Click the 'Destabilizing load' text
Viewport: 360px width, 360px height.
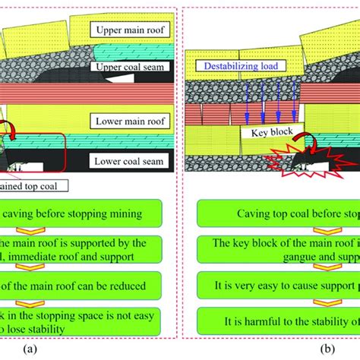tap(238, 66)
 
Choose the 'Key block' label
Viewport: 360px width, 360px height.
tap(264, 131)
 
